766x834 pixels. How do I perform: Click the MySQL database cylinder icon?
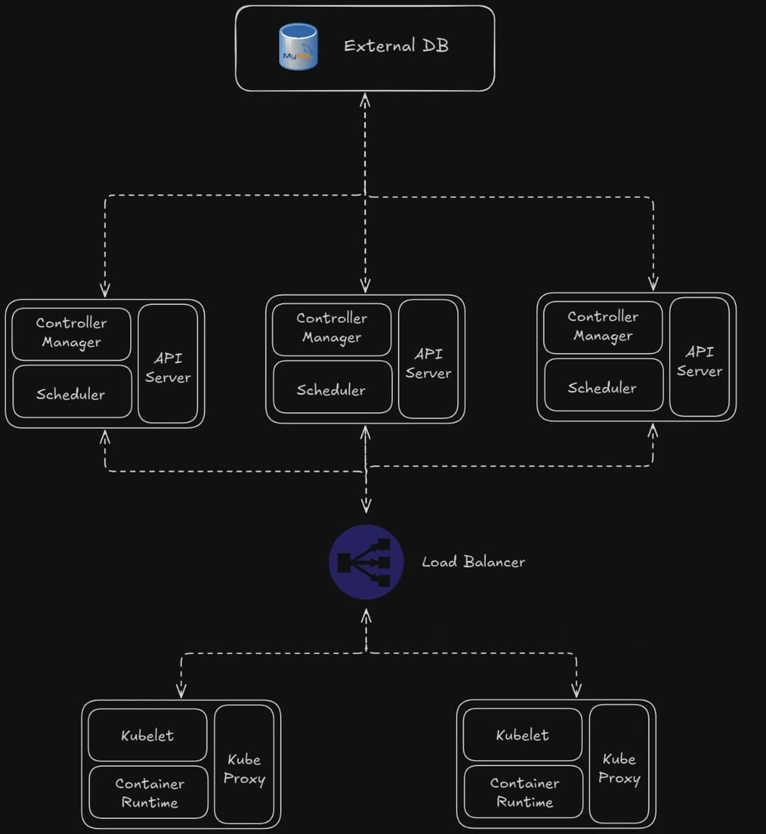pos(299,47)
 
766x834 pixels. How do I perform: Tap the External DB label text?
pos(396,46)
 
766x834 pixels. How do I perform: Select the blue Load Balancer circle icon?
pos(366,562)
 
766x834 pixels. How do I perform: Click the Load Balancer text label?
pos(473,562)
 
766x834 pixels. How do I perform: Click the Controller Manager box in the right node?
pos(602,327)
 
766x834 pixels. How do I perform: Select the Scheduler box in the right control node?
pos(602,387)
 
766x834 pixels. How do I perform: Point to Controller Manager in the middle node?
pos(331,328)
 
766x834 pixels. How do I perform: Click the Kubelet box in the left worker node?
pos(148,735)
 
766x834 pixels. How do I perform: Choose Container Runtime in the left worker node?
pos(149,792)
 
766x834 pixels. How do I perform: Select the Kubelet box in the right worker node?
pos(522,735)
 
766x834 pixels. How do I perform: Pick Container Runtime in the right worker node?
pos(523,791)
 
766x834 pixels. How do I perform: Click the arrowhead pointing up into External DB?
pos(365,100)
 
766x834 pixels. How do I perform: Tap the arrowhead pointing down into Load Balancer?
pos(366,506)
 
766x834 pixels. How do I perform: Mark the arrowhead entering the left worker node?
pos(181,690)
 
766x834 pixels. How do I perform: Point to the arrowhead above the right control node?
pos(653,284)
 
